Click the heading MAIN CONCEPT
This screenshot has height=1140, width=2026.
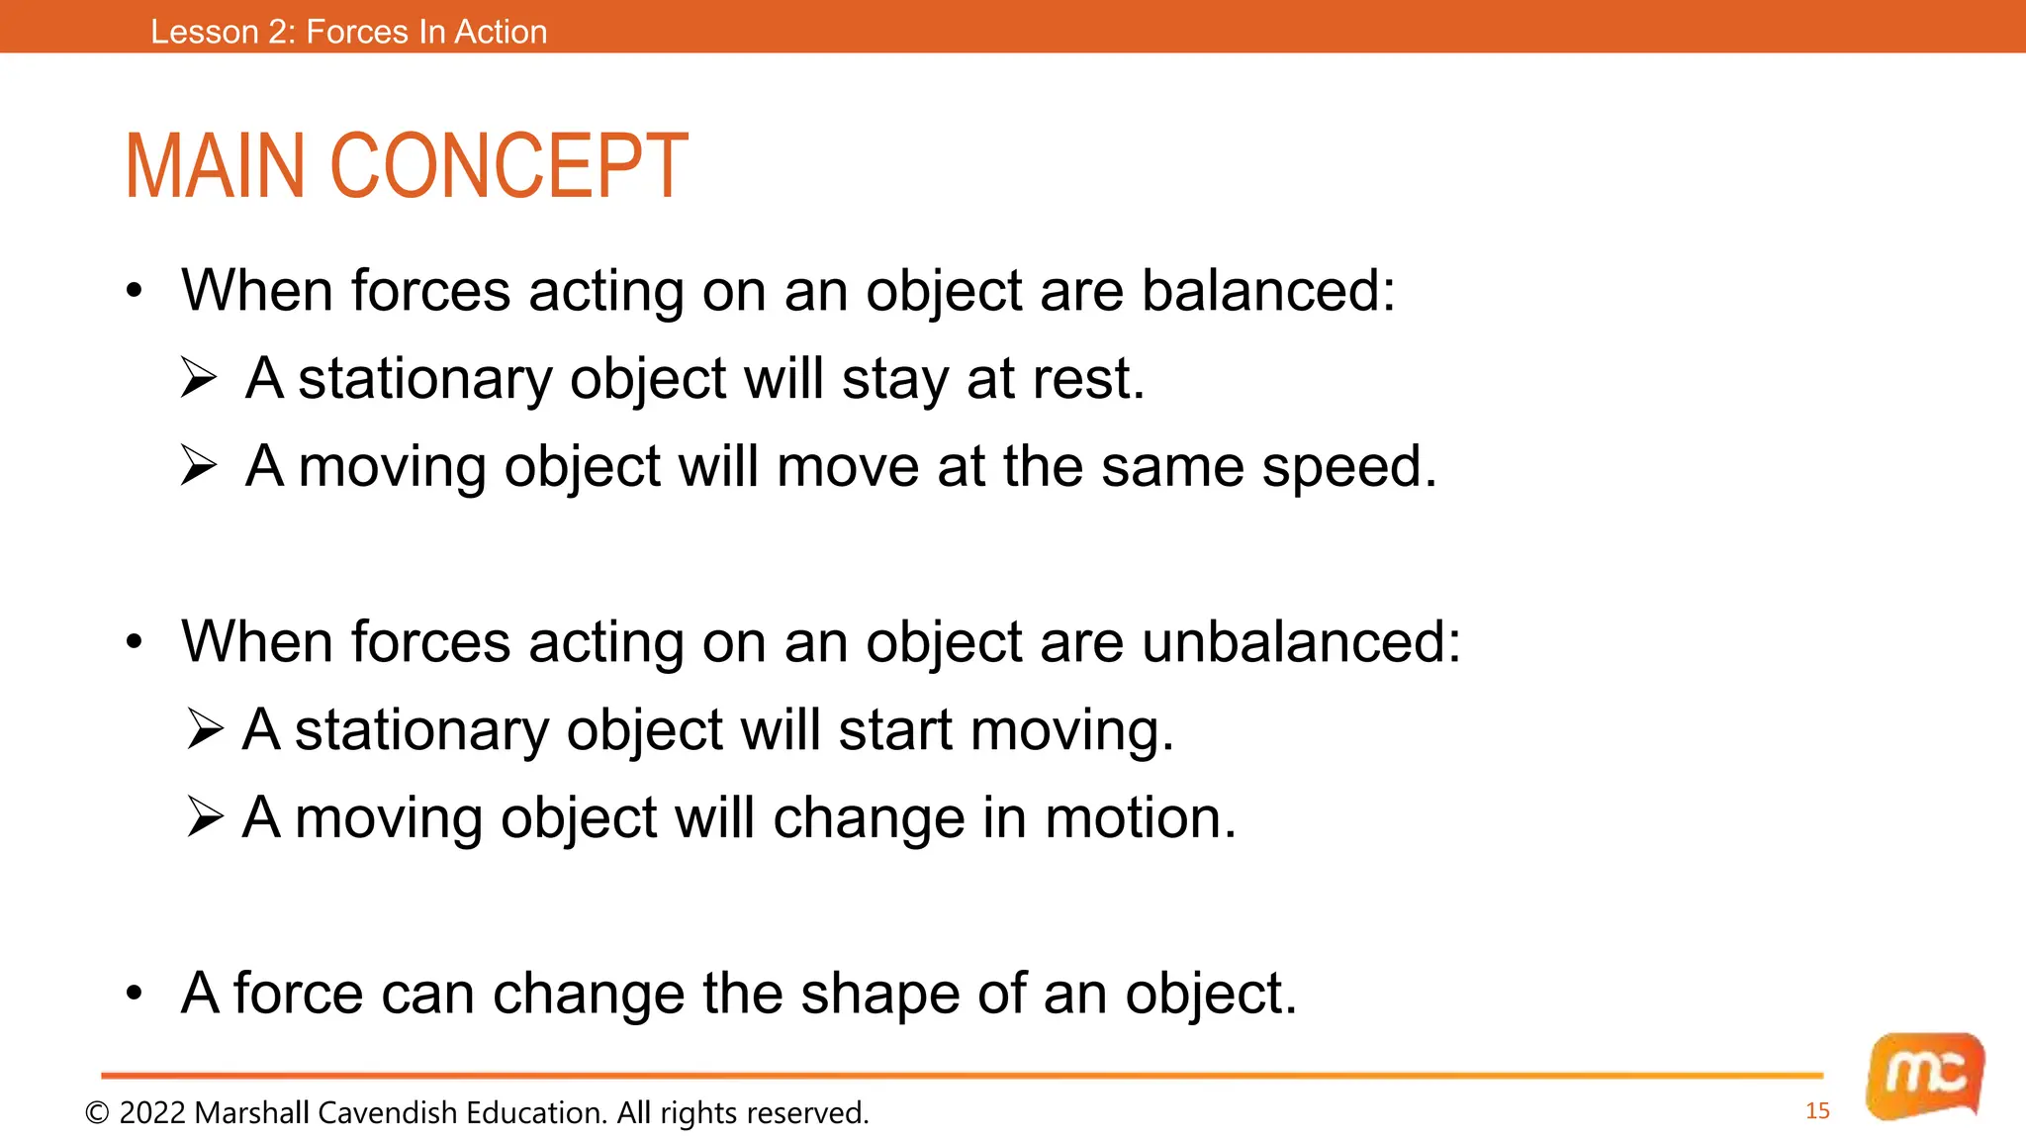(406, 166)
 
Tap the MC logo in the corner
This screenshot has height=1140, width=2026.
(1925, 1076)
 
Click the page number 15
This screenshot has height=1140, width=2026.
(1817, 1111)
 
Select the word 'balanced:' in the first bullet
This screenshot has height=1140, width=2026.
(1268, 291)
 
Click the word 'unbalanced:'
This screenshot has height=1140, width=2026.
(1301, 642)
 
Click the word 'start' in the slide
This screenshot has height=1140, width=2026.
(895, 730)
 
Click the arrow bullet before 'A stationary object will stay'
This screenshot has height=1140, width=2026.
(199, 378)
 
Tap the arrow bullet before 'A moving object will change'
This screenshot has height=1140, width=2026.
(205, 817)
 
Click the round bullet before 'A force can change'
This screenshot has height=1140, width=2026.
(135, 993)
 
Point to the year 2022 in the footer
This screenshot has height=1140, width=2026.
(152, 1113)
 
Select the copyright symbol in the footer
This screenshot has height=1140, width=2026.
(97, 1113)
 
